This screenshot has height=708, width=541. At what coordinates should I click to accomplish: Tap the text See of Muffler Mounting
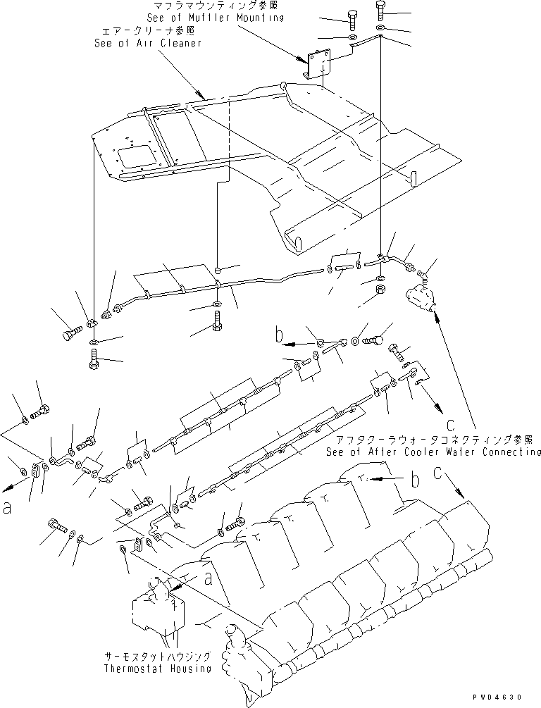(215, 17)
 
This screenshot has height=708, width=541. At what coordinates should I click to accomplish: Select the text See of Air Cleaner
(148, 43)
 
